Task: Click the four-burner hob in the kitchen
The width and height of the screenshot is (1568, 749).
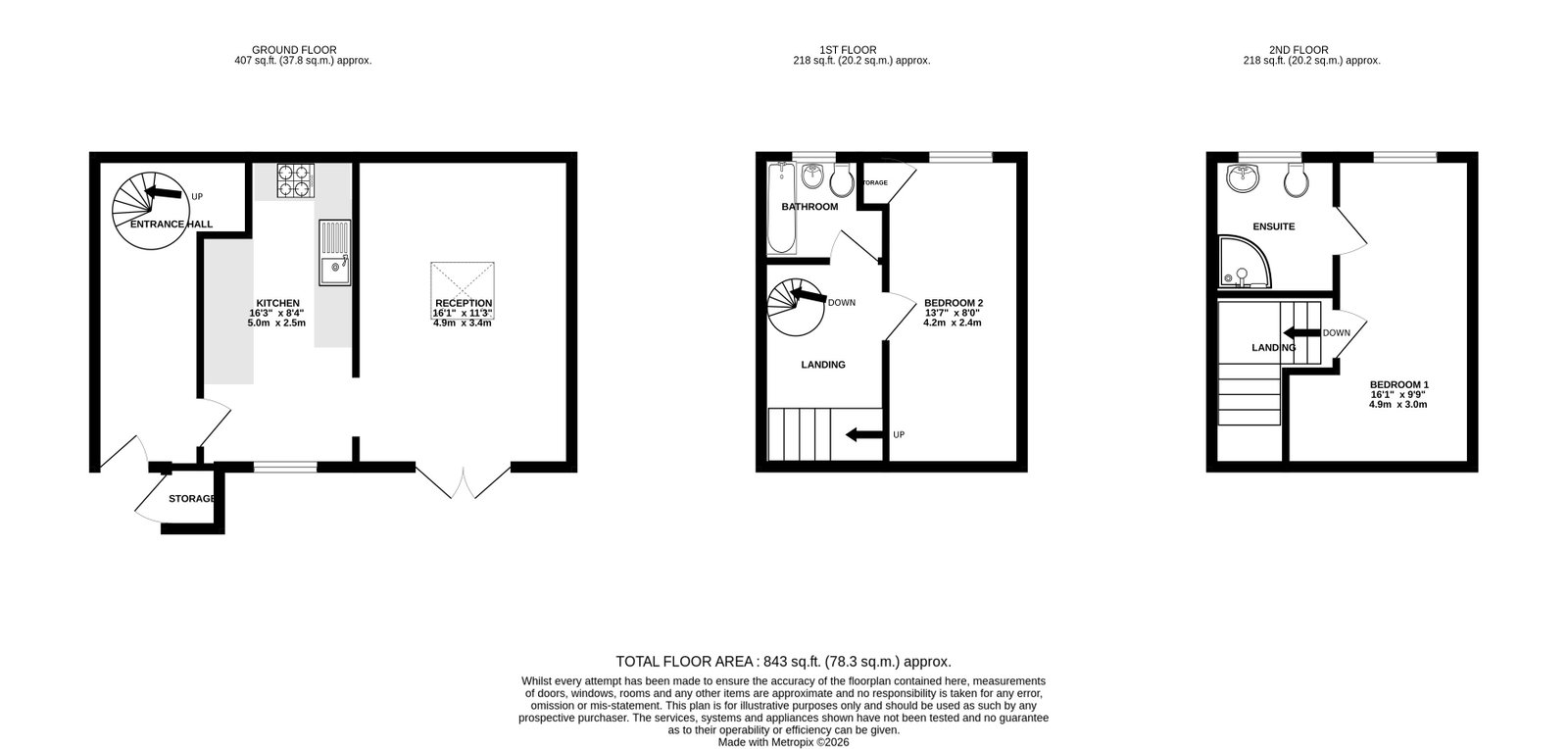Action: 295,180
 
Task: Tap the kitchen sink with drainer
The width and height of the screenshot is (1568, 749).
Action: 334,253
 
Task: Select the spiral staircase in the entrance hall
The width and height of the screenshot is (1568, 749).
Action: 151,211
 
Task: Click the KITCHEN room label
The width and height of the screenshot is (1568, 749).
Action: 278,303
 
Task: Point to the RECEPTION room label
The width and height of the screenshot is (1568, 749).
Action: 464,303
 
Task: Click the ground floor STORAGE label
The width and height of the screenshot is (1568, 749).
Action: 192,498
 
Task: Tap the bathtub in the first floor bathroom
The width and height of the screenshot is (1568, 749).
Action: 782,208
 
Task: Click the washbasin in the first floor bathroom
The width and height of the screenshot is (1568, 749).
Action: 812,175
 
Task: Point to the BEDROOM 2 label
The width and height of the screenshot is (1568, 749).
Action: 954,303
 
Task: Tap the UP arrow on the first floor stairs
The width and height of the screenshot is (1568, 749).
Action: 863,434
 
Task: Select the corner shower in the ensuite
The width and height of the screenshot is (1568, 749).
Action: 1245,262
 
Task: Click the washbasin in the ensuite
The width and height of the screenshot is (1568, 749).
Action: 1243,177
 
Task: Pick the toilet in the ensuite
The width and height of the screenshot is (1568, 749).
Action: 1297,180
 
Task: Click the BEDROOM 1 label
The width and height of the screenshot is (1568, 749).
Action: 1399,384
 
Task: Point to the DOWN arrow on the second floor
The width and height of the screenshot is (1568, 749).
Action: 1302,332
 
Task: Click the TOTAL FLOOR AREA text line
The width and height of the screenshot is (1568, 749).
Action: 783,662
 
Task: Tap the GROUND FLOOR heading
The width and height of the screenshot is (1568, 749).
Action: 294,50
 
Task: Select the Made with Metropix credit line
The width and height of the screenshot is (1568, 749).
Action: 783,742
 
